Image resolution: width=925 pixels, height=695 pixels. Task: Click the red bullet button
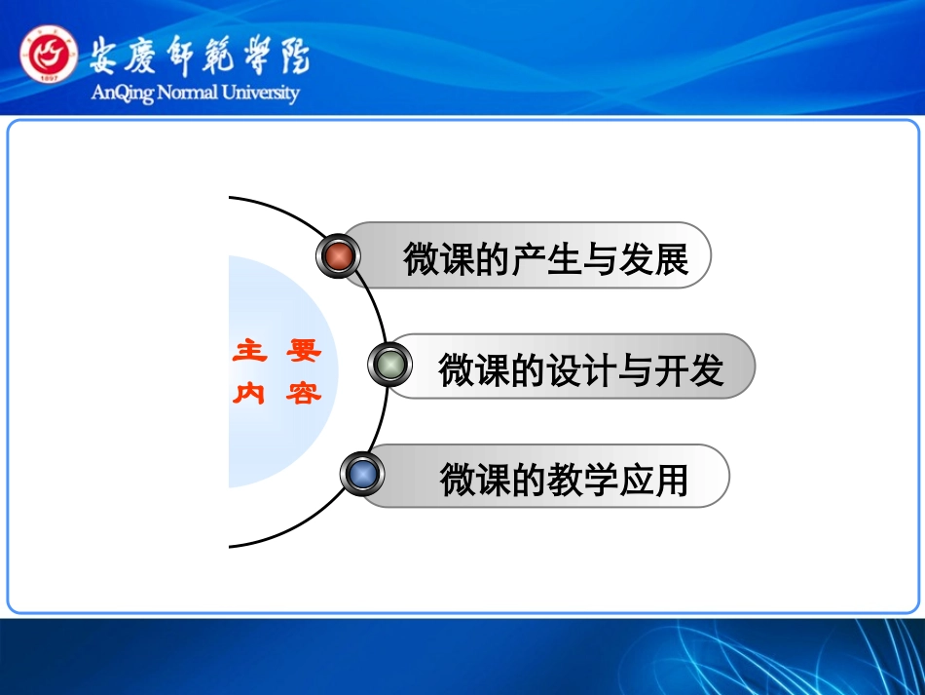(339, 256)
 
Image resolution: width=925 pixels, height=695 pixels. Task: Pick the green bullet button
(389, 365)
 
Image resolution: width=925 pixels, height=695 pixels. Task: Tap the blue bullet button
(362, 475)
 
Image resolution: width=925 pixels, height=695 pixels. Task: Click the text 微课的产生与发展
(545, 259)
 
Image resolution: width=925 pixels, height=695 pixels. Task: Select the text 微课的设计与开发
(581, 370)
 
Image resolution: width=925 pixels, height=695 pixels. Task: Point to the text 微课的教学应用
(564, 480)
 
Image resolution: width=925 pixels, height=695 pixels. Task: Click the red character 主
(250, 352)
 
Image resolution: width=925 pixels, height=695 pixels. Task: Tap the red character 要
(303, 352)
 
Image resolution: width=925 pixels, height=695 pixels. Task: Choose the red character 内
(250, 394)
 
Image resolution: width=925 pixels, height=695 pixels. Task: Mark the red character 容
(303, 394)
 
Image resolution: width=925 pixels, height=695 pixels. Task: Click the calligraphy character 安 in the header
(107, 56)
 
